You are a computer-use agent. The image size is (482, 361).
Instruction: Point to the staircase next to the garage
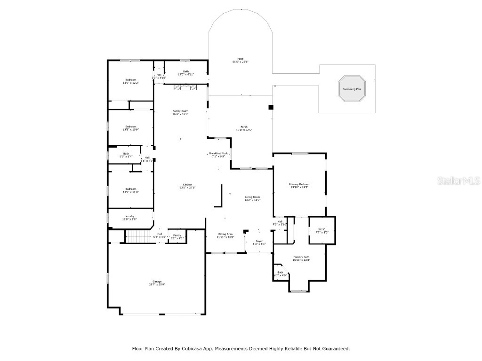click(x=138, y=236)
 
